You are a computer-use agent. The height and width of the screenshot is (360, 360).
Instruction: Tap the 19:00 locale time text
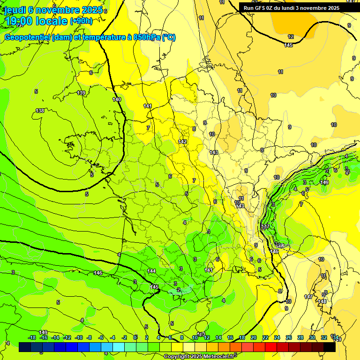click(36, 21)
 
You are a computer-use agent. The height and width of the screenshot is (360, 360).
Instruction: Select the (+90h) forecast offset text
click(81, 21)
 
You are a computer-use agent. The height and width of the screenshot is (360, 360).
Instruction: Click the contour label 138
click(40, 111)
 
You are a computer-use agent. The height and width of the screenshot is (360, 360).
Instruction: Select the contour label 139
click(81, 93)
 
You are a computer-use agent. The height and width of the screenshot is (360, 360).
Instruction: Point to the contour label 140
click(117, 99)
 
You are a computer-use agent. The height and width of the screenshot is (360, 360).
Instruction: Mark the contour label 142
click(182, 142)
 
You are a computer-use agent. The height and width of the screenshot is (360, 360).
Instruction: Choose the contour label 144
click(151, 271)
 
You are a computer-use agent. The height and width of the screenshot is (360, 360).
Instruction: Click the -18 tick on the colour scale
click(32, 337)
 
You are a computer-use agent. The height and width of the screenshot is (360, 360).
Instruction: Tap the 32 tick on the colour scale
click(323, 337)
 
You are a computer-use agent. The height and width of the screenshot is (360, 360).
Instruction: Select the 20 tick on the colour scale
click(253, 337)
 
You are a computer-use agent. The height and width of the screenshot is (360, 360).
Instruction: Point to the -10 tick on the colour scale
click(79, 337)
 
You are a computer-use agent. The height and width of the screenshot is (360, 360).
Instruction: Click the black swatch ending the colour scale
click(329, 347)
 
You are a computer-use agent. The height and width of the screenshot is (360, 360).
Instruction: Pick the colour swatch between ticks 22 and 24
click(270, 347)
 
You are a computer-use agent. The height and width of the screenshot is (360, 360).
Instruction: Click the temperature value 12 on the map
click(291, 37)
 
